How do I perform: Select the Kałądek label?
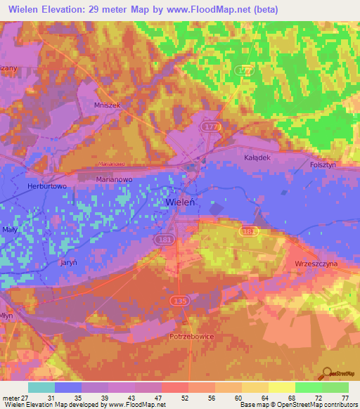pos(257,157)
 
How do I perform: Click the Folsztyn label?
pos(323,164)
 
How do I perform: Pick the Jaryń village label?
pos(68,261)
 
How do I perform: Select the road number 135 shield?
pos(179,300)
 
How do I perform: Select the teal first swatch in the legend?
pos(41,387)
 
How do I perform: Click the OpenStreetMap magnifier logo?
pos(326,373)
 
